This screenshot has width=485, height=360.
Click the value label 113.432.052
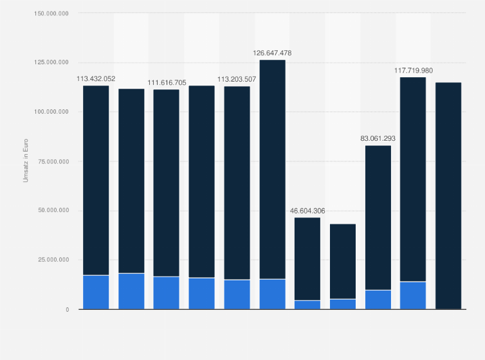[96, 79]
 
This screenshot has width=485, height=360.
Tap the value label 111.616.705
[167, 83]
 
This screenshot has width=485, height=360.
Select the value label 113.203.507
[237, 79]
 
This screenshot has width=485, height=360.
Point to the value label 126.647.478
[272, 53]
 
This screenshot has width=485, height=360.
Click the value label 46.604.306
[307, 211]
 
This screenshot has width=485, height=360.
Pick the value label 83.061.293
[378, 139]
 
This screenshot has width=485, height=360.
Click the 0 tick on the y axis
[67, 309]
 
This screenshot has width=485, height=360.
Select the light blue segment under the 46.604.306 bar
[307, 305]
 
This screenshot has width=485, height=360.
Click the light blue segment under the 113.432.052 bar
[96, 292]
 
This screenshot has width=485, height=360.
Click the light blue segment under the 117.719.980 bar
[413, 295]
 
